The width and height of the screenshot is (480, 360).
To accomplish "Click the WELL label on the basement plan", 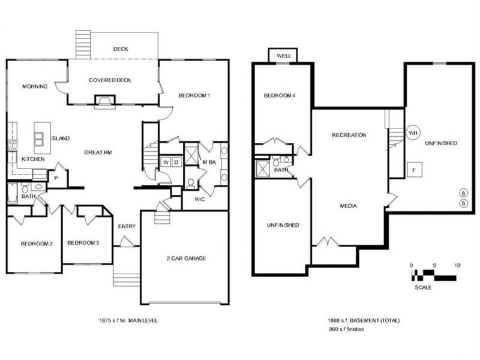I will (284, 56).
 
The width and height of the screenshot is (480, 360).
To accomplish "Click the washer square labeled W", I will (165, 162).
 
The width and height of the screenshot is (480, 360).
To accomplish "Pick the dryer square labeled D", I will (176, 162).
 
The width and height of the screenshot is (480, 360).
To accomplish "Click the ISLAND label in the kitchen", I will (60, 138).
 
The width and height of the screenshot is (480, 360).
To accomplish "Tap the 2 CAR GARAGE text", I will (186, 258).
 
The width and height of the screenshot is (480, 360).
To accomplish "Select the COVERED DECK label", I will (110, 80).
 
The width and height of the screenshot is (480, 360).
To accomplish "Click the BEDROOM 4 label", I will (280, 95).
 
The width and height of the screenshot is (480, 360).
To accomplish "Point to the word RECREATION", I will (349, 135).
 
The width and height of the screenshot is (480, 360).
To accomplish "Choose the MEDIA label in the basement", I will (349, 206).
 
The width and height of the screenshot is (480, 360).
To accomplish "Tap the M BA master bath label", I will (209, 162).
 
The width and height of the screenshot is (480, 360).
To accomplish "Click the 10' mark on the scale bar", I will (457, 265).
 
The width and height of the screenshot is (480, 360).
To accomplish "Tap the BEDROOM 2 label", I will (37, 243).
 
